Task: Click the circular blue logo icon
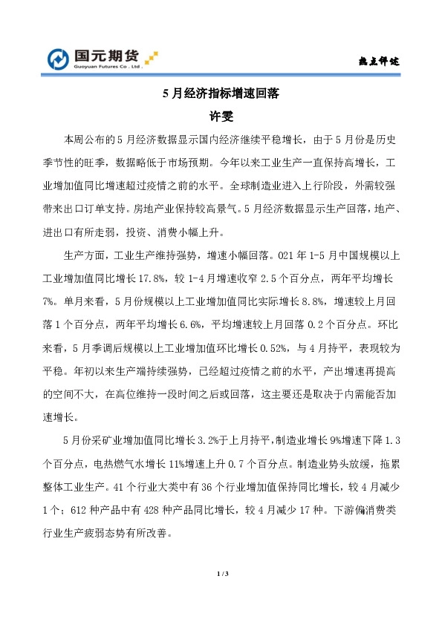pyautogui.click(x=59, y=59)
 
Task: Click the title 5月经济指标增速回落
pyautogui.click(x=220, y=95)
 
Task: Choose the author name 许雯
pyautogui.click(x=221, y=116)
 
